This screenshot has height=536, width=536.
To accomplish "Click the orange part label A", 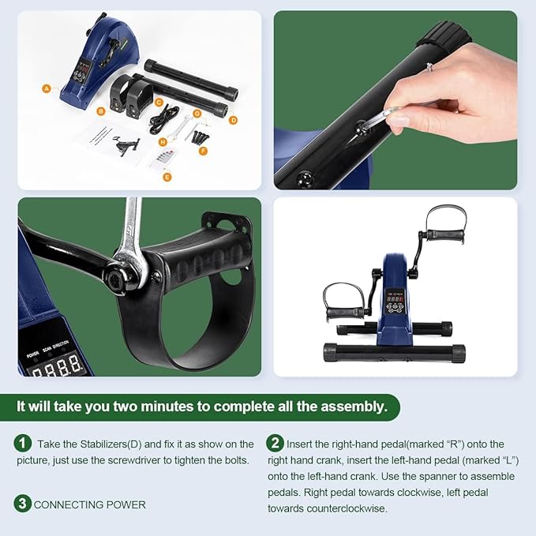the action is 47,89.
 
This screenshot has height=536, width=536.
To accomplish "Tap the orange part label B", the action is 100,111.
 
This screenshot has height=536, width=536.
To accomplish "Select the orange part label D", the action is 233,120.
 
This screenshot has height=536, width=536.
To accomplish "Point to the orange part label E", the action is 167,177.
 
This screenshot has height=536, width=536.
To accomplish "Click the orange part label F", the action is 203,151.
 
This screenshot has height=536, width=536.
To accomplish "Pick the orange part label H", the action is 163,142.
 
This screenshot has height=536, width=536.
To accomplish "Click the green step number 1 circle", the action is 23,443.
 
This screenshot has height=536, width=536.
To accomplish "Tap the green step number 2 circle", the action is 275,443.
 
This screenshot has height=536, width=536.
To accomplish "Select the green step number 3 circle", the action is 23,504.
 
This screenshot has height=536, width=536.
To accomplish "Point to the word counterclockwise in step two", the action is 347,508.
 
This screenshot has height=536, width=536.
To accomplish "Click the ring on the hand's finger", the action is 429,67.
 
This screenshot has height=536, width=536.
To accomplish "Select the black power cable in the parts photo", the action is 163,118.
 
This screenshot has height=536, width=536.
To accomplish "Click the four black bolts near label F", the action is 200,137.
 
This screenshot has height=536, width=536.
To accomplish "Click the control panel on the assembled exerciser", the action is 395,301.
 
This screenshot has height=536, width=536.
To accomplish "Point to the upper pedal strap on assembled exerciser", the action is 446,218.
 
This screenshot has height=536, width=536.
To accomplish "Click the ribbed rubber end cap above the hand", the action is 444,35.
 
